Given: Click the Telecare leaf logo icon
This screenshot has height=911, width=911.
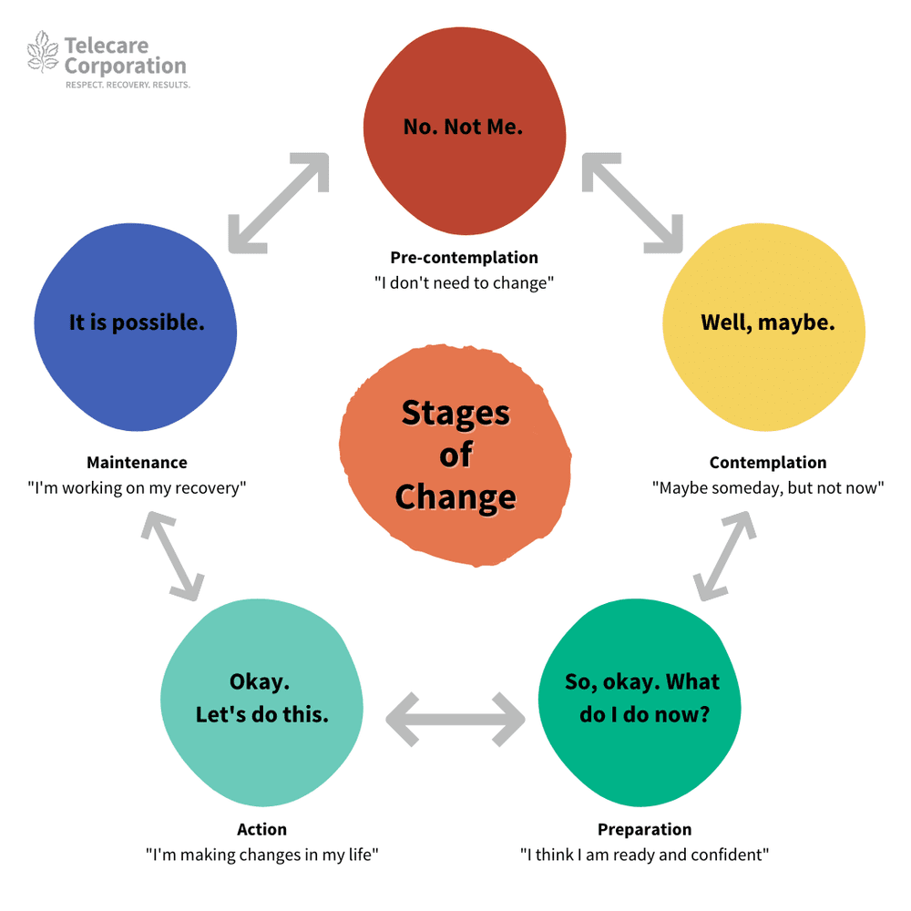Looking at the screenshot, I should [43, 52].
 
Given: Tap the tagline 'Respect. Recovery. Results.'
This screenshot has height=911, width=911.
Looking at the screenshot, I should [128, 85].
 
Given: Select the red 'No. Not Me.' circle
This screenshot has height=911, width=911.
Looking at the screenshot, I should [464, 127].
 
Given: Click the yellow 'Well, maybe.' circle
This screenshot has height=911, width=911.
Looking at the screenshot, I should [767, 322].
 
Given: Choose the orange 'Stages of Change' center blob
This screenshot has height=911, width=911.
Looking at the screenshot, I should [455, 455].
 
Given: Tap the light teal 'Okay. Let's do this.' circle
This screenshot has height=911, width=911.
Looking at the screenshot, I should [261, 698].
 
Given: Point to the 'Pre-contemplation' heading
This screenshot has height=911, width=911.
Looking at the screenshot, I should [464, 258].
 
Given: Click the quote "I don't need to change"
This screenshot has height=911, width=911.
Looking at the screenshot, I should [464, 282].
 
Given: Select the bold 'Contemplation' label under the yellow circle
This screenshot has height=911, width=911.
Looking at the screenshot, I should [768, 463].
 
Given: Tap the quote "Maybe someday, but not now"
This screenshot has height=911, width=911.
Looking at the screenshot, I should [768, 487].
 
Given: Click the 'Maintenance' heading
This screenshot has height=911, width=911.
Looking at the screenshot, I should [137, 463].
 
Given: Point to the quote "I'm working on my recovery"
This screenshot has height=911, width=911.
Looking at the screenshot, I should [137, 487].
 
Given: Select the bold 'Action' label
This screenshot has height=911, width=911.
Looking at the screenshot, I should [261, 829].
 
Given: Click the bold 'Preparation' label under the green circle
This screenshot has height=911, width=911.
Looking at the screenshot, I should [644, 829].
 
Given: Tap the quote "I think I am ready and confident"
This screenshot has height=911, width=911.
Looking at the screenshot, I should [644, 855].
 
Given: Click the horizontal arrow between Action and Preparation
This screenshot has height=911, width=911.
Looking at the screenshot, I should [455, 719].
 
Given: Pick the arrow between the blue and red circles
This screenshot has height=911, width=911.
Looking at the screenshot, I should [277, 203].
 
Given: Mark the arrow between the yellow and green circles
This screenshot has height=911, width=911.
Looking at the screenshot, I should [724, 556].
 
